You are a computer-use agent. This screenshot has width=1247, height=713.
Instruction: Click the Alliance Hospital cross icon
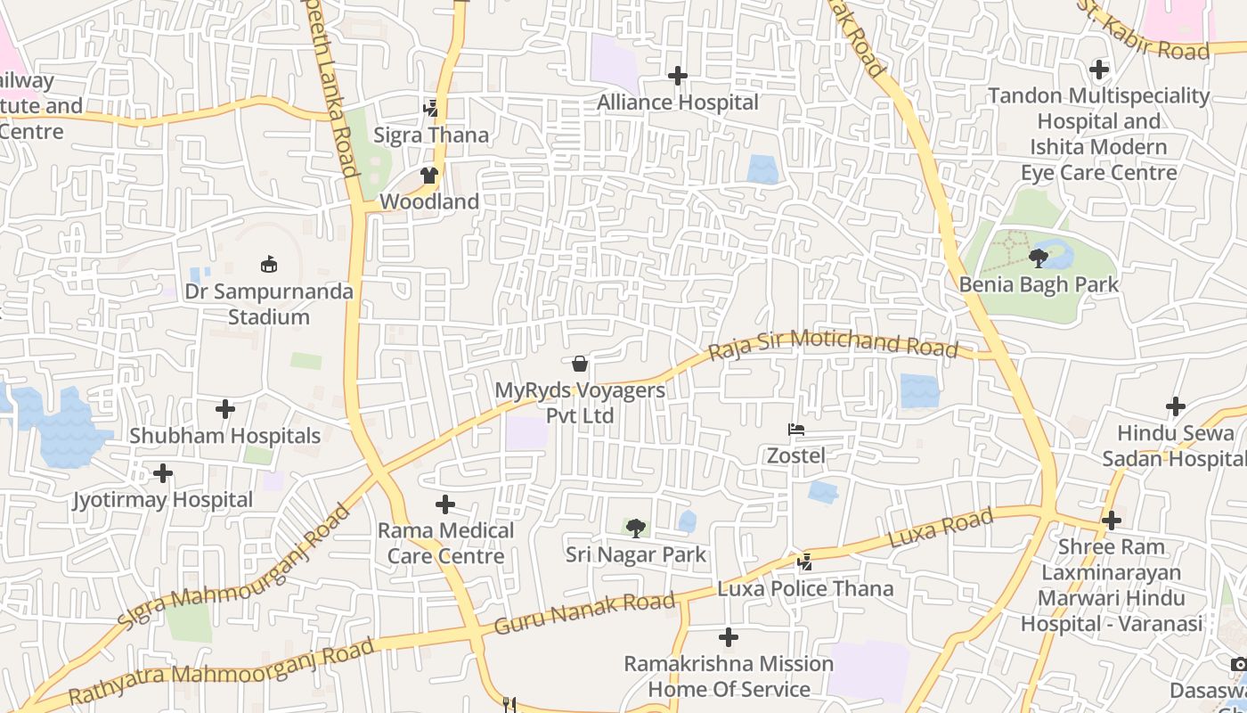[x=678, y=76]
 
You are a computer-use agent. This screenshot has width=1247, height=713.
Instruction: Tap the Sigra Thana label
[x=431, y=135]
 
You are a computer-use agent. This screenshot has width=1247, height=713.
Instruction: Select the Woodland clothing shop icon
[x=429, y=176]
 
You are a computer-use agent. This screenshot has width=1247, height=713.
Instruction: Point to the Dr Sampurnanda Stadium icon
[x=268, y=264]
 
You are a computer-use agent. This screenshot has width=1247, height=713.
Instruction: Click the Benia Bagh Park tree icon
[x=1038, y=258]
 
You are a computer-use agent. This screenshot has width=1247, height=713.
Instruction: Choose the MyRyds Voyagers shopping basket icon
[x=579, y=364]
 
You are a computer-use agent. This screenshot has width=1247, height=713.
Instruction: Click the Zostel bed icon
[x=796, y=430]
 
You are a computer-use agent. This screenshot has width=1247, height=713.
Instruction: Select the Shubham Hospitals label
[x=224, y=436]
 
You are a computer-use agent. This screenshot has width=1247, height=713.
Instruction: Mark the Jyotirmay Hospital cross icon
[x=162, y=472]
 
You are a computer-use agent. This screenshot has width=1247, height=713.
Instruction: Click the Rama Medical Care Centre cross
[x=445, y=504]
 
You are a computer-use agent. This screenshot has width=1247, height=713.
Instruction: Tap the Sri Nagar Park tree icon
[x=635, y=529]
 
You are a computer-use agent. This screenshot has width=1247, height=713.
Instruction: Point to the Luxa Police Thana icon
[x=805, y=561]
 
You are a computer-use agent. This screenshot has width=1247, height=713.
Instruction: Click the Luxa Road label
[x=941, y=529]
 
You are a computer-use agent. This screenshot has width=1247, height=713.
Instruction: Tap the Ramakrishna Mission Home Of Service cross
[x=729, y=637]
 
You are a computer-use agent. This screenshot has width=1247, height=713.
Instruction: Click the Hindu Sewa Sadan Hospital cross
[x=1176, y=406]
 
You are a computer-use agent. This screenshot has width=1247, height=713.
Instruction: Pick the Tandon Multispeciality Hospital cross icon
[x=1099, y=69]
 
